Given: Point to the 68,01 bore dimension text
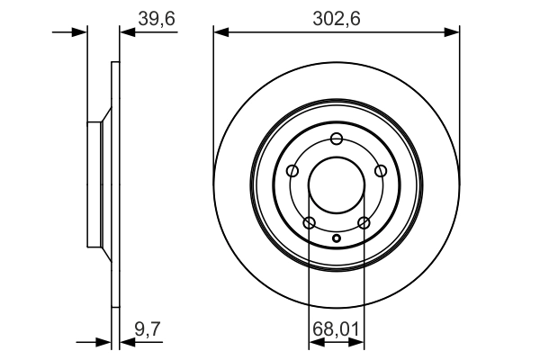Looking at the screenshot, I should coord(337,331).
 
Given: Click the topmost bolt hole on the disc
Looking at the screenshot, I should coord(337,139).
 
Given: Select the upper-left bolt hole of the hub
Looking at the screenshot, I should coord(292,171).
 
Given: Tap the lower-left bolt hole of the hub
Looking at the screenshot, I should coord(310,222).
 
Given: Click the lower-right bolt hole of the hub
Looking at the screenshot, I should coord(364,222).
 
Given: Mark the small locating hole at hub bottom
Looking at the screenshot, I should coord(337,238).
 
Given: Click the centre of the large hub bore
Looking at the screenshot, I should coord(337,185).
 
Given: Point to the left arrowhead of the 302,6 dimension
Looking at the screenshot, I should coord(220,32).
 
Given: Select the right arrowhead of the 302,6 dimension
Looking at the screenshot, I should coord(454,32).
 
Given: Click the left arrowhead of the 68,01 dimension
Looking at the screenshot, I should coord(314,342).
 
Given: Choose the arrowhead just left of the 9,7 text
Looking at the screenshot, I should coord(125,342).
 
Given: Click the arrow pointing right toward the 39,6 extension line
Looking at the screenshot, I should coord(81,32).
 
